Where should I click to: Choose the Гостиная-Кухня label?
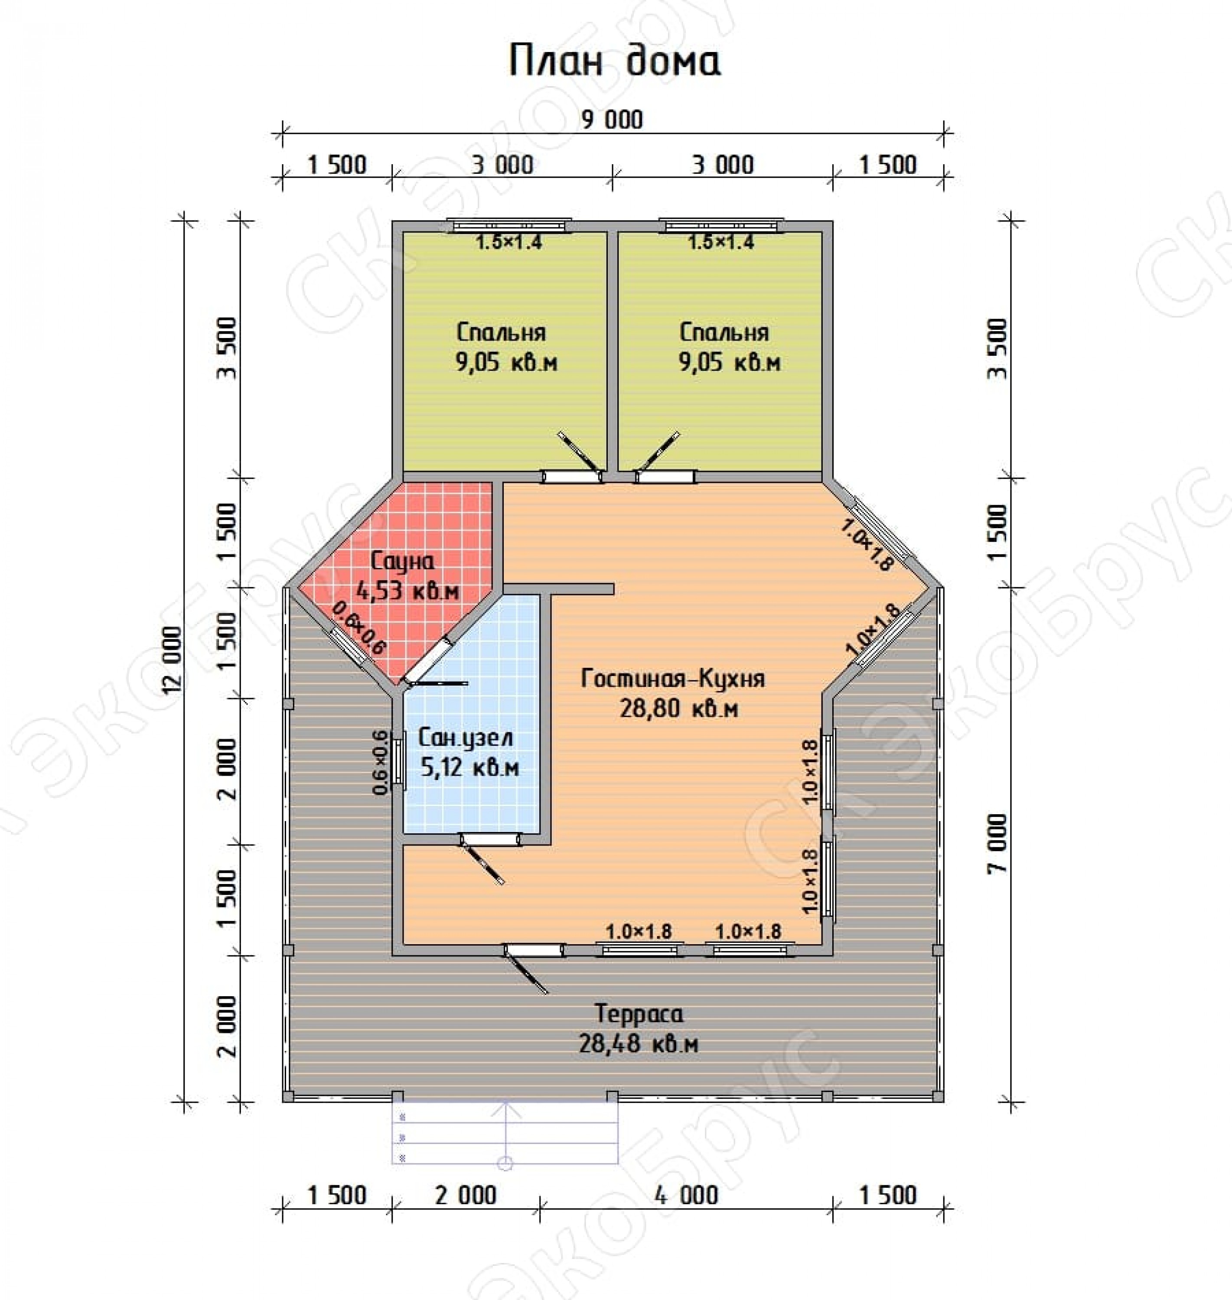coord(673,678)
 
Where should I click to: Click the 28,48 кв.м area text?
coord(639,1044)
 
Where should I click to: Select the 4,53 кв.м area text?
coord(407,591)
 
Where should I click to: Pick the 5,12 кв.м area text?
coord(469,768)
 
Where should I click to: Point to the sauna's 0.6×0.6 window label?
coord(359,628)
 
